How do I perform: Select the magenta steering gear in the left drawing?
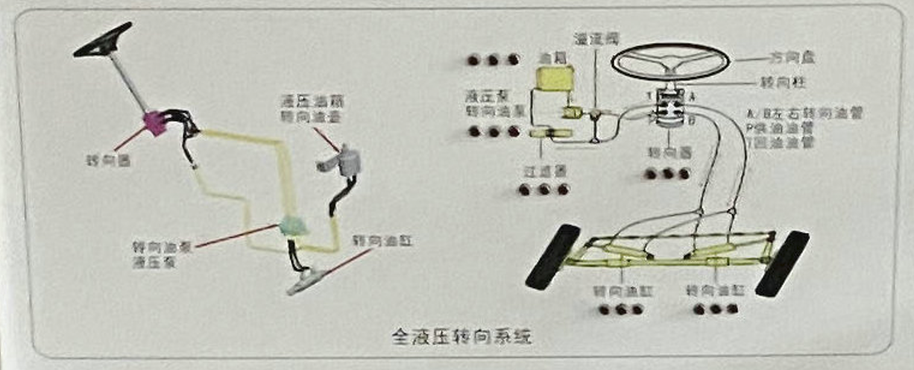click(156, 122)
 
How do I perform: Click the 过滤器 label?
click(544, 170)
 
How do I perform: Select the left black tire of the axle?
click(552, 256)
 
